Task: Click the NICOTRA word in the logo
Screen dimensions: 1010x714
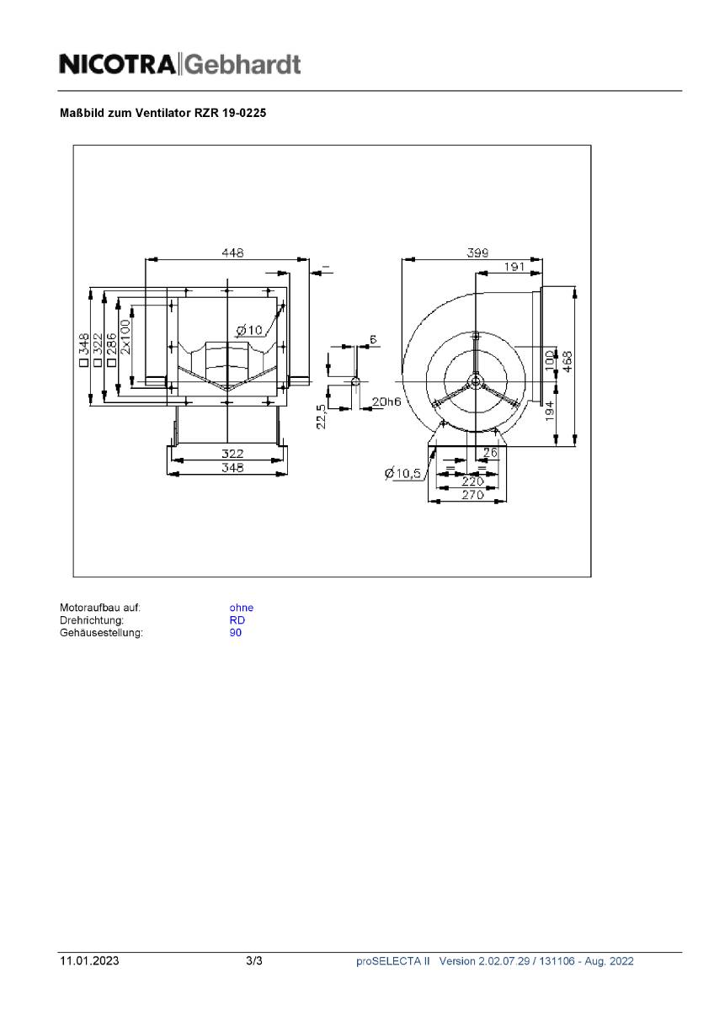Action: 117,64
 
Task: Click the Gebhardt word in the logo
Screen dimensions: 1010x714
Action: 242,65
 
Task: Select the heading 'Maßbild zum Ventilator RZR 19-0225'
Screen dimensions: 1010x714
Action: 163,112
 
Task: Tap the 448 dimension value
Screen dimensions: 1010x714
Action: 232,252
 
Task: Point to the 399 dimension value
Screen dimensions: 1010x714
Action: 477,252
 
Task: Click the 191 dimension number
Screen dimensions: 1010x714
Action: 514,267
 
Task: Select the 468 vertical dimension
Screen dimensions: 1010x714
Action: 568,360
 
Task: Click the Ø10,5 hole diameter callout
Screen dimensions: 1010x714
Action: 402,474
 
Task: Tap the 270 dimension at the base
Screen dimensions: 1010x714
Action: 472,495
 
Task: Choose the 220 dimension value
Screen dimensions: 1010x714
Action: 472,481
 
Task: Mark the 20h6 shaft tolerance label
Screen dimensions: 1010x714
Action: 386,401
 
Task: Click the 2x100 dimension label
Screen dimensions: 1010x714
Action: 125,337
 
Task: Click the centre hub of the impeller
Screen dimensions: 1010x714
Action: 476,381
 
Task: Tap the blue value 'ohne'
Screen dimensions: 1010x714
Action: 241,608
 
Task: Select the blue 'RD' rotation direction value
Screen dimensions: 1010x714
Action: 237,620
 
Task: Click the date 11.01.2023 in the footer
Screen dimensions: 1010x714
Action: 88,961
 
